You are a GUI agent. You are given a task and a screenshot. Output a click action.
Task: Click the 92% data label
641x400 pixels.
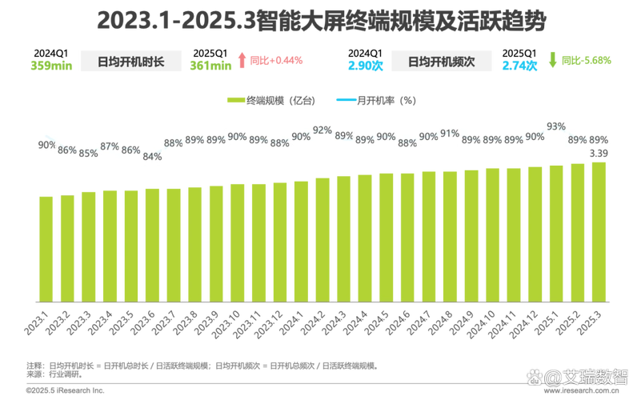(x=323, y=130)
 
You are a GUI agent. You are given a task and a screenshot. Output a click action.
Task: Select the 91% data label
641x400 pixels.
(x=449, y=133)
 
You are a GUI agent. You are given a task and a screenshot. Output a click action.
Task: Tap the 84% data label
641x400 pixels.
(x=151, y=156)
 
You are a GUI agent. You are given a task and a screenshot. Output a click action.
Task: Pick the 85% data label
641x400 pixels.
(x=89, y=153)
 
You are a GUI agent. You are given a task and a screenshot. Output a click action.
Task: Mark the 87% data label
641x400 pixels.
(x=110, y=146)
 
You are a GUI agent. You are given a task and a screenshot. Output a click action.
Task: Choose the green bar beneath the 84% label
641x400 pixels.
(x=151, y=244)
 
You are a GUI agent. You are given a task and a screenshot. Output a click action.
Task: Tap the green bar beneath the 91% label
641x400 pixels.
(x=449, y=235)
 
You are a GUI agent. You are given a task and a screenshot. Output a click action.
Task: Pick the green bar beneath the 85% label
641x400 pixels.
(x=89, y=245)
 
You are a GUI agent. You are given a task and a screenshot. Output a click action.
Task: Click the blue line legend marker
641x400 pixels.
(x=347, y=101)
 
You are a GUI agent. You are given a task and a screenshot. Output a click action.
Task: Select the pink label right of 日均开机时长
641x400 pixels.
(x=272, y=61)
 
